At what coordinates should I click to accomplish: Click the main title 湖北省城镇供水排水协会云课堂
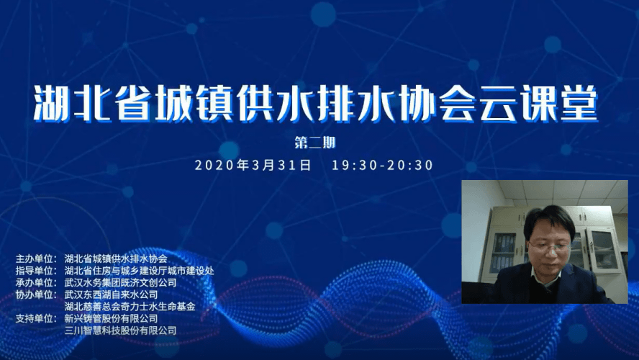click(316, 104)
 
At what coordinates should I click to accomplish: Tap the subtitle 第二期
click(315, 143)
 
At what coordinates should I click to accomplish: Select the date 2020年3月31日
click(253, 165)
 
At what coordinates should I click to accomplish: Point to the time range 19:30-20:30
click(382, 165)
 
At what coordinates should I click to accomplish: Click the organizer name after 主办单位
click(116, 258)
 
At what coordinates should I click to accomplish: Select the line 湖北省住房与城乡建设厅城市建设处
click(139, 270)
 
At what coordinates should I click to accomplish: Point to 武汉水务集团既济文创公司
click(120, 282)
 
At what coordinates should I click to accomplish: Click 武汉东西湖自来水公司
click(111, 294)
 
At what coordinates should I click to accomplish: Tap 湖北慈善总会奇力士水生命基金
click(130, 306)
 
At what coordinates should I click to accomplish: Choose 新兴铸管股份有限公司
click(111, 318)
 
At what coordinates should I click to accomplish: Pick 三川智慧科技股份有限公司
click(120, 330)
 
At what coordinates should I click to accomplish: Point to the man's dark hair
click(548, 218)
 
